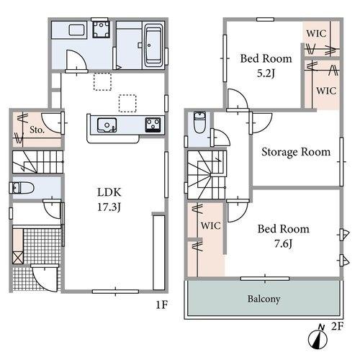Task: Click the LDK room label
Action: (109, 192)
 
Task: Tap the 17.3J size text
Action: (109, 207)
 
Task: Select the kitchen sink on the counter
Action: (107, 125)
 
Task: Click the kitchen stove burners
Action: (153, 125)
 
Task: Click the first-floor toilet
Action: (21, 188)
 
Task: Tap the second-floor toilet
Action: (199, 122)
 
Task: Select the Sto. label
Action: (37, 130)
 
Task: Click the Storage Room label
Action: (296, 152)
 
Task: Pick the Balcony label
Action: (264, 299)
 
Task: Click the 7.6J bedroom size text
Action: (283, 244)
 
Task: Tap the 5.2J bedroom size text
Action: (266, 73)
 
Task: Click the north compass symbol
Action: (318, 338)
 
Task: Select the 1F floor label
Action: (161, 305)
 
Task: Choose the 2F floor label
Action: (337, 326)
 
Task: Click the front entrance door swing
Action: (45, 279)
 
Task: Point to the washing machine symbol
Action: (102, 30)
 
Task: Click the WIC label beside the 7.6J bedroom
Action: (211, 225)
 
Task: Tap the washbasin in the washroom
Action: (76, 30)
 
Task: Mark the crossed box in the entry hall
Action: (18, 257)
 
